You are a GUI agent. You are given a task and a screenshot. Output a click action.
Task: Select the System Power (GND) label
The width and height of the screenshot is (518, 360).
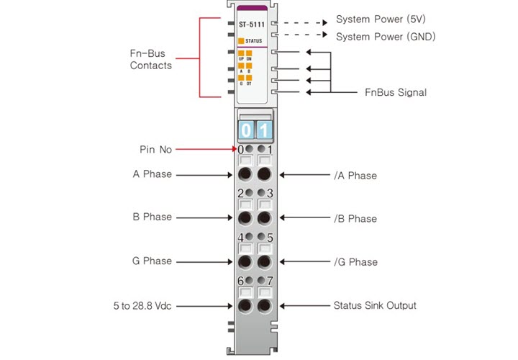click(386, 36)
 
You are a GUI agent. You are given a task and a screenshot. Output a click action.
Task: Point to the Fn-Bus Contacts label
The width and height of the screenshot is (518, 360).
click(151, 59)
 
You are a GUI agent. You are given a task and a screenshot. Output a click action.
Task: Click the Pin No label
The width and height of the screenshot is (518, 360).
click(156, 150)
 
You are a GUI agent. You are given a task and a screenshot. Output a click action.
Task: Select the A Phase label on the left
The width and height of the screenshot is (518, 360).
click(153, 174)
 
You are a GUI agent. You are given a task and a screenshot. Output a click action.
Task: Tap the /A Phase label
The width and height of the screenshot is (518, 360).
click(355, 175)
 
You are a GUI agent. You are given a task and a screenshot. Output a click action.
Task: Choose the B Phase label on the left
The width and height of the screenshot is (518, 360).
click(153, 217)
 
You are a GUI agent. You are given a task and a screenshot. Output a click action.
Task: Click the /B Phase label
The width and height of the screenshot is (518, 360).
click(355, 218)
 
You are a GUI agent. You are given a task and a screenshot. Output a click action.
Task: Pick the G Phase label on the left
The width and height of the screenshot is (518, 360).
click(153, 261)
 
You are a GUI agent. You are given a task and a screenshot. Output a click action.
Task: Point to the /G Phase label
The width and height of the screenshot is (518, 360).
click(355, 262)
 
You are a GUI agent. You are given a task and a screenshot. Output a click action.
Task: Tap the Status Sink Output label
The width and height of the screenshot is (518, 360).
click(375, 305)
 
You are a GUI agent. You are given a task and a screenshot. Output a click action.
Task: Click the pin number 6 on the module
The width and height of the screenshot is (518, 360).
click(240, 281)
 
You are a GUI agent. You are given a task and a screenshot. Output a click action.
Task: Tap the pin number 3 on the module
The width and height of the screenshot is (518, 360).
click(270, 193)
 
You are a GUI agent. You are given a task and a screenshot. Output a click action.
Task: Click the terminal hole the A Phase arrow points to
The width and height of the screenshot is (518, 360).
click(245, 175)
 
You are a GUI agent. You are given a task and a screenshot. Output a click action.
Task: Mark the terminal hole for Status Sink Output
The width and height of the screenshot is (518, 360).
click(264, 306)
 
